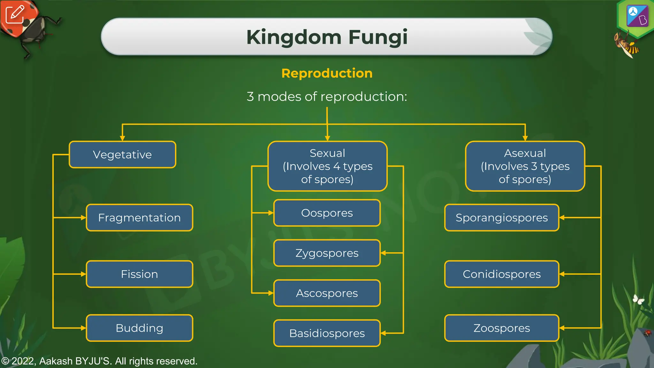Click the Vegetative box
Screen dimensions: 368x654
pyautogui.click(x=122, y=155)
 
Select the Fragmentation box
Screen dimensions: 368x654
pyautogui.click(x=139, y=218)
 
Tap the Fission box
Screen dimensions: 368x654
pyautogui.click(x=139, y=274)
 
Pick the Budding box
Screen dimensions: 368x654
pyautogui.click(x=139, y=328)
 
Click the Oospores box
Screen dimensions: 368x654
pyautogui.click(x=327, y=213)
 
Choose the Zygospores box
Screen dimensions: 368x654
pyautogui.click(x=327, y=253)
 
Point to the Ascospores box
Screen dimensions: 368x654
pyautogui.click(x=327, y=293)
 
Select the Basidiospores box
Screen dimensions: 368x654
pyautogui.click(x=327, y=333)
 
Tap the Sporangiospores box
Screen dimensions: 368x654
pyautogui.click(x=501, y=218)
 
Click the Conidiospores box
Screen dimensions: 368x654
pyautogui.click(x=501, y=274)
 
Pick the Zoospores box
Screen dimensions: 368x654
pyautogui.click(x=501, y=328)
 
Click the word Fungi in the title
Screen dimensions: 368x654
pyautogui.click(x=378, y=37)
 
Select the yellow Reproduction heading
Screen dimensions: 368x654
pyautogui.click(x=327, y=73)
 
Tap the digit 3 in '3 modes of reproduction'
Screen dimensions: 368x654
pyautogui.click(x=250, y=97)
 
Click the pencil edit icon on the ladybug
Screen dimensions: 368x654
pyautogui.click(x=15, y=14)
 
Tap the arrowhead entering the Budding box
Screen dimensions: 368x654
pyautogui.click(x=83, y=328)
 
